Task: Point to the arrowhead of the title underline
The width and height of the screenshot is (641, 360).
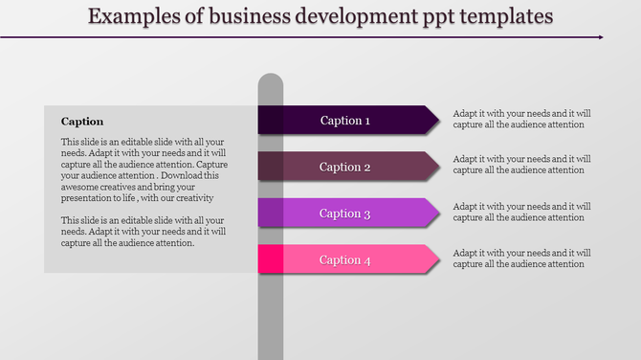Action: [600, 37]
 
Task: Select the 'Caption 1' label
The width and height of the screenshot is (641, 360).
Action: [344, 121]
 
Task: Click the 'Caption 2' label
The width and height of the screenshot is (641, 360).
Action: [344, 167]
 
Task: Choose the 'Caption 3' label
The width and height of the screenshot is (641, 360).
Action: [344, 214]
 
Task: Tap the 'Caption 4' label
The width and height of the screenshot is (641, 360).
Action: [344, 259]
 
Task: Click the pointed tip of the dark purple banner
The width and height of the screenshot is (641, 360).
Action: [439, 119]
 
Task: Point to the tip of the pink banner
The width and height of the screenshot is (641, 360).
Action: [439, 259]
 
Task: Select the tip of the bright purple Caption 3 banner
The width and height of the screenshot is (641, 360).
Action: [439, 213]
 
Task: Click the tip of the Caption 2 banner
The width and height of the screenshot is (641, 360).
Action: [439, 166]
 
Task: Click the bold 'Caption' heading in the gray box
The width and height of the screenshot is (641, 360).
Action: [82, 122]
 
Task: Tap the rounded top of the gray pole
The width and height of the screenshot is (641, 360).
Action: [271, 79]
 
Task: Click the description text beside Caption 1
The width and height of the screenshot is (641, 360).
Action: [521, 118]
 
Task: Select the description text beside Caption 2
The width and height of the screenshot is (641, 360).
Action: [521, 165]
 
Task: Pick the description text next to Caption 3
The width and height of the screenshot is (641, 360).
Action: [521, 212]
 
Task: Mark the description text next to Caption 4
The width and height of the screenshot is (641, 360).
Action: [521, 259]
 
